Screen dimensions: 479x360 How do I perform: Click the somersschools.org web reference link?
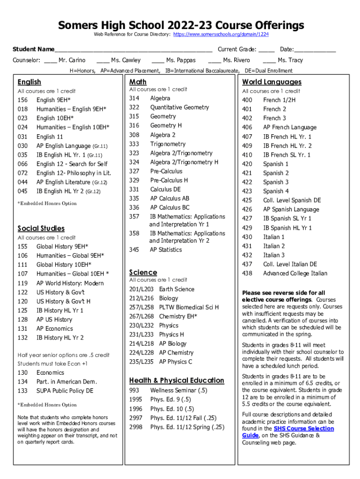(x=221, y=35)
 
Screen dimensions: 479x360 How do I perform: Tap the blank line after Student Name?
(x=133, y=50)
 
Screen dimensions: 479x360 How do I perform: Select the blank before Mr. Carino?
(x=50, y=60)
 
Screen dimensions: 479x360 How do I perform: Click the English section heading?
(x=29, y=82)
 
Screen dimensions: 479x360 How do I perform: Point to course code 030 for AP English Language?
(x=22, y=146)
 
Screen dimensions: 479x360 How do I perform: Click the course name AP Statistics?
(x=166, y=250)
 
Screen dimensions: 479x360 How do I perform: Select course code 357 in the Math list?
(x=134, y=217)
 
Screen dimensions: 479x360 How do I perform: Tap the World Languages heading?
(x=272, y=82)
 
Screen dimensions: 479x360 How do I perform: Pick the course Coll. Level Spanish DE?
(x=292, y=200)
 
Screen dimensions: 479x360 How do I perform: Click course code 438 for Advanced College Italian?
(x=247, y=273)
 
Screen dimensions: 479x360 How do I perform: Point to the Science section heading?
(x=143, y=272)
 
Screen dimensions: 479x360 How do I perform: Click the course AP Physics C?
(x=175, y=362)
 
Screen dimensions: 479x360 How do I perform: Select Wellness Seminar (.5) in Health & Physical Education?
(x=179, y=390)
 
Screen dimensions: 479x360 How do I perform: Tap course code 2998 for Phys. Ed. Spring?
(x=136, y=427)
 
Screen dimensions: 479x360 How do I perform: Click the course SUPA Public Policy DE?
(x=65, y=391)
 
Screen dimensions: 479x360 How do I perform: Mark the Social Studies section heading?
(x=41, y=228)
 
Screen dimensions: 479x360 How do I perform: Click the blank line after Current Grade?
(x=266, y=50)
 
